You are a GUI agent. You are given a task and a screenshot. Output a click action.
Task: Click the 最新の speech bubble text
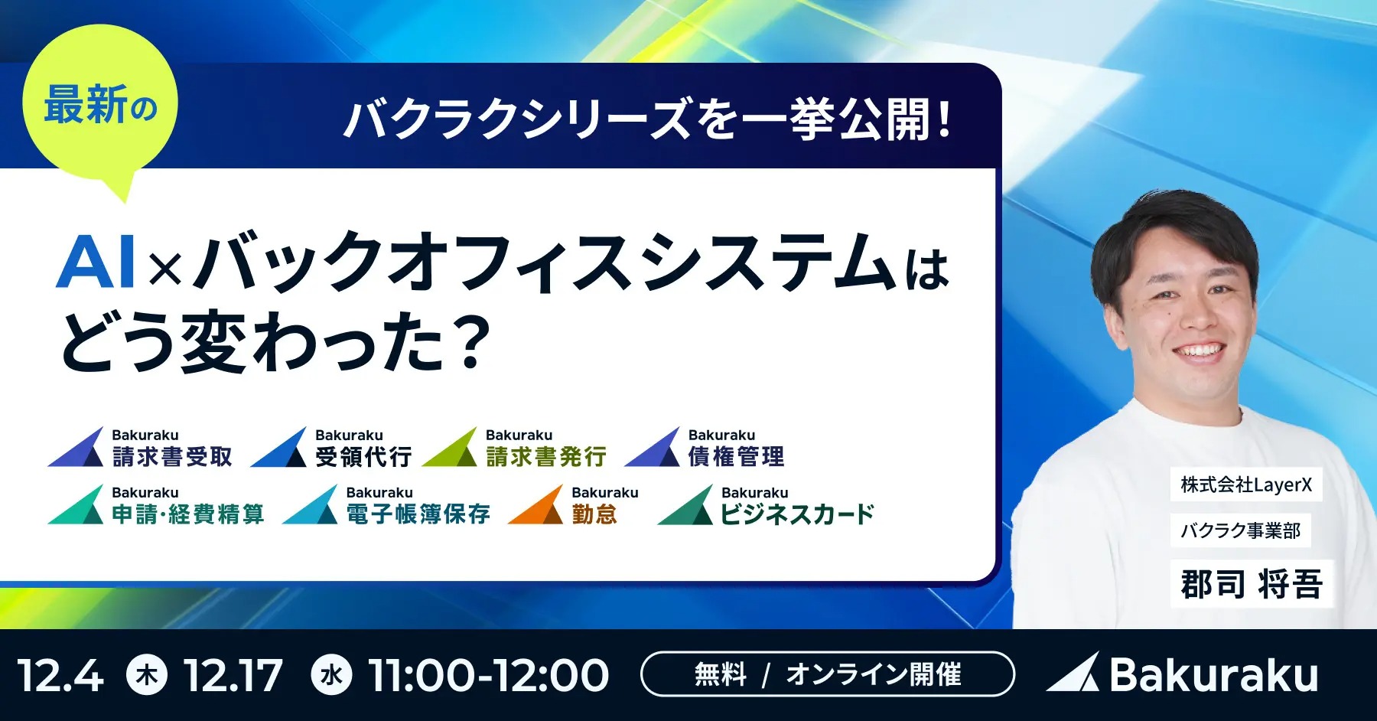100,106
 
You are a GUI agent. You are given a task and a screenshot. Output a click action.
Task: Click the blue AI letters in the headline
96,262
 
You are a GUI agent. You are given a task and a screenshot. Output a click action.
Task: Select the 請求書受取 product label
172,457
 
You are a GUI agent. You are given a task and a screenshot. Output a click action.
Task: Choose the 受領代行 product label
363,457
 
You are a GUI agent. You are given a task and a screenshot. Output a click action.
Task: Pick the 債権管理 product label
736,457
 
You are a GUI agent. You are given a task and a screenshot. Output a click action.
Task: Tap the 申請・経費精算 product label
188,514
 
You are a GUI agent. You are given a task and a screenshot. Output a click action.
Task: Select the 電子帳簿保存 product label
418,514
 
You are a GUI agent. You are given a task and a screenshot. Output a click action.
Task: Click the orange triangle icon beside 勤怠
537,506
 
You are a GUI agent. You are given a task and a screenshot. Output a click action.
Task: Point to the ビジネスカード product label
797,514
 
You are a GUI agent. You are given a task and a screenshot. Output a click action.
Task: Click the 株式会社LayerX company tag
1245,485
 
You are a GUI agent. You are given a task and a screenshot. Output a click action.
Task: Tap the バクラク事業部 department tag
1240,530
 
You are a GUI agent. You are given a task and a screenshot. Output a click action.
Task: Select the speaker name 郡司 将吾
1252,584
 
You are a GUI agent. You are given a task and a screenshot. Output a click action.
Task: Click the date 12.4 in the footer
60,676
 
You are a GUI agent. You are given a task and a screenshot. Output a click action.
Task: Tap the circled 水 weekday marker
331,675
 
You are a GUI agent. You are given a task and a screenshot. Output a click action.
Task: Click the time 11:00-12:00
488,676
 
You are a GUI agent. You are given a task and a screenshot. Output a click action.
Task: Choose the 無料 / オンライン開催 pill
828,674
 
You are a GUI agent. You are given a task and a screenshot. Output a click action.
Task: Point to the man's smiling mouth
1197,353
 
